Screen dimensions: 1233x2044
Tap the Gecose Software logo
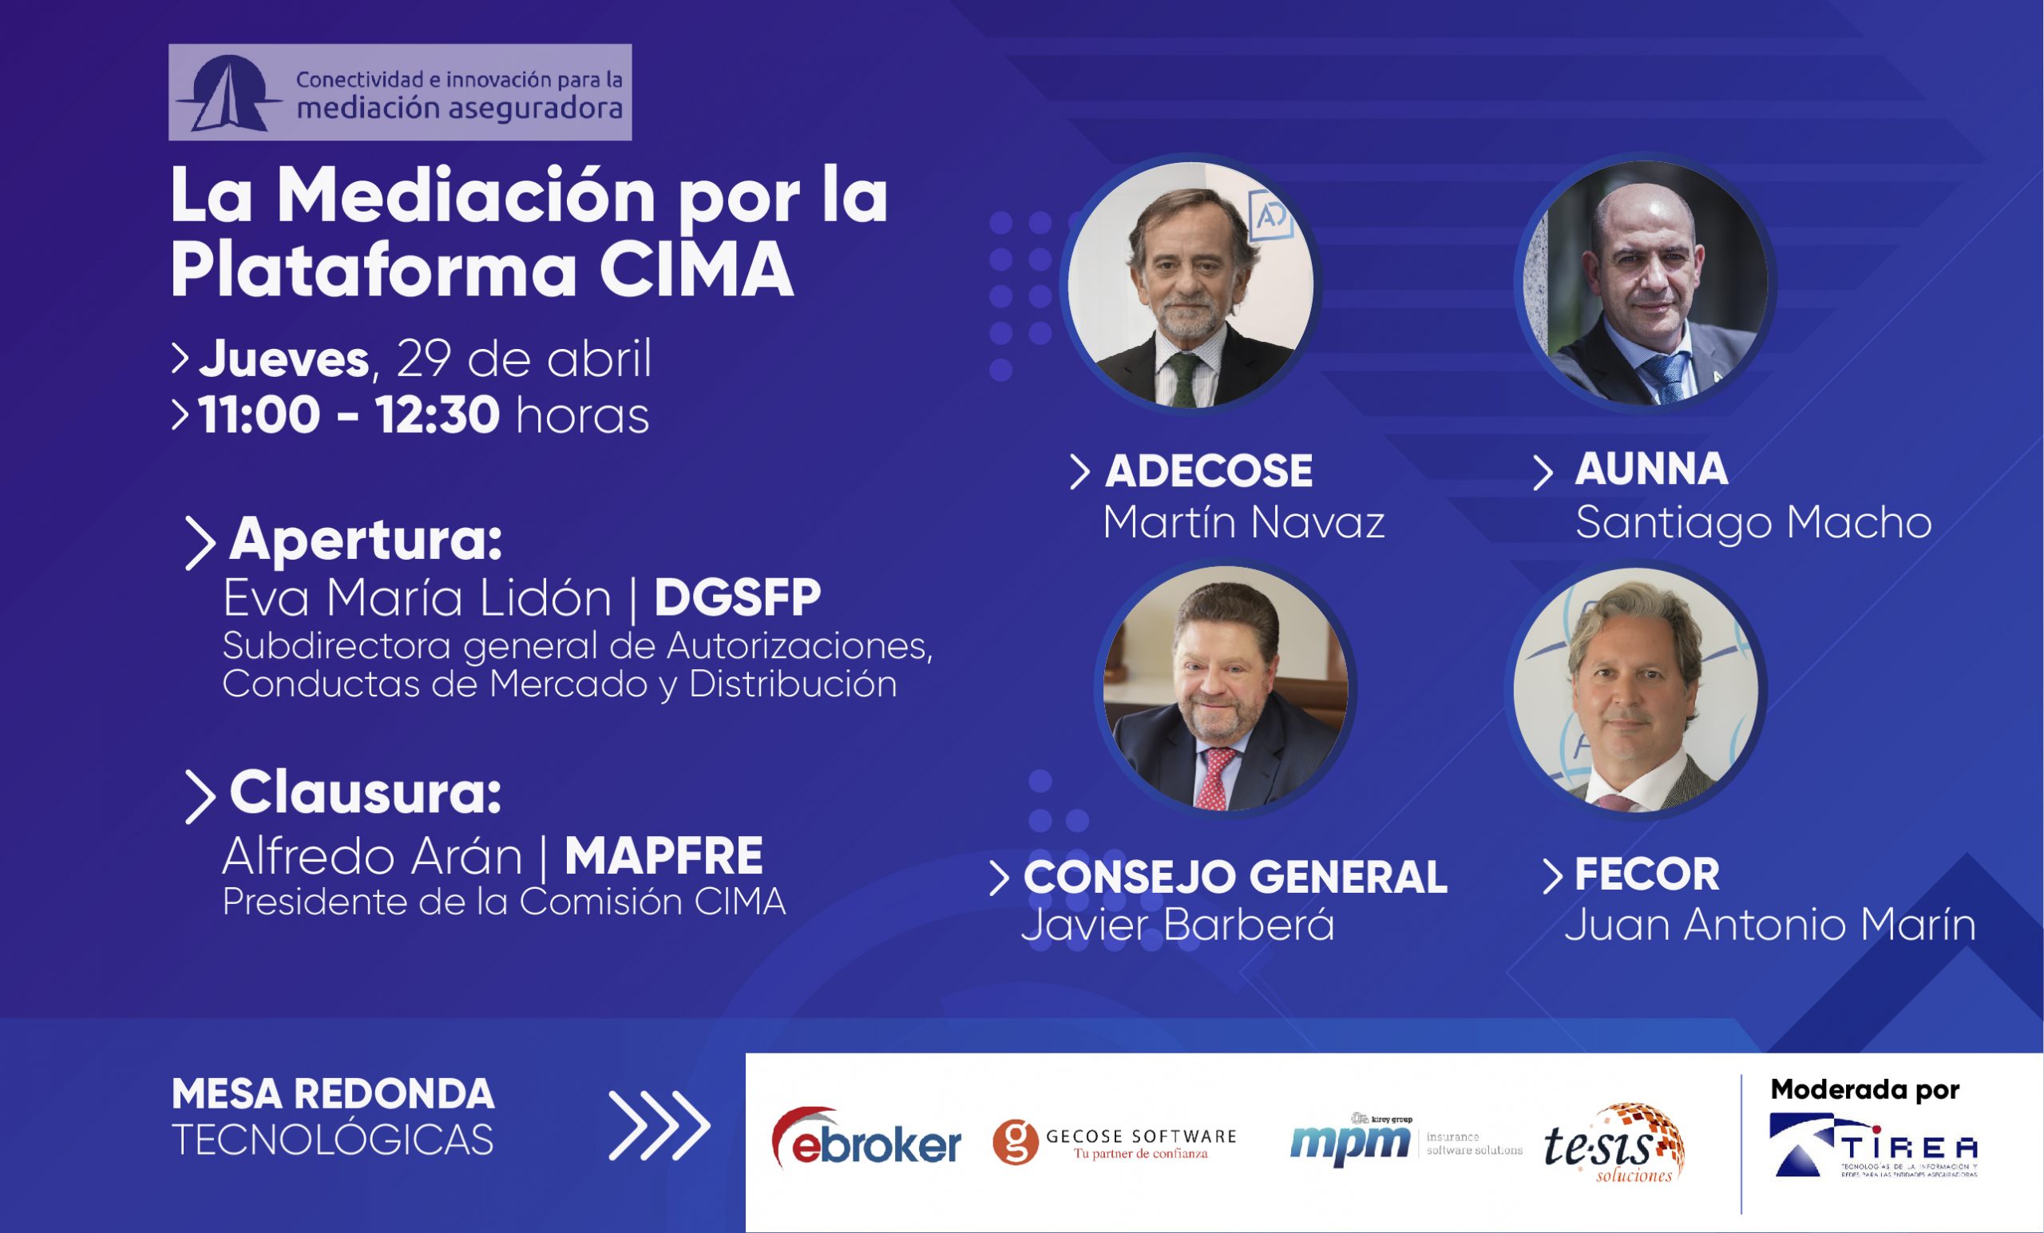tap(1114, 1143)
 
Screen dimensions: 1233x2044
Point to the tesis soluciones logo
tap(1613, 1144)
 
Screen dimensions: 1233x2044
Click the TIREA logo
tap(1873, 1147)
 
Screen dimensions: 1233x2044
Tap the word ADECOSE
tap(1209, 470)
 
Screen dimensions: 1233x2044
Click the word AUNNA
tap(1651, 469)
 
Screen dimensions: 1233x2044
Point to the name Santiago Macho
tap(1753, 523)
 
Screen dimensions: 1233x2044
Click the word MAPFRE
tap(663, 856)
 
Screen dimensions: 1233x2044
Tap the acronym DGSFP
tap(738, 597)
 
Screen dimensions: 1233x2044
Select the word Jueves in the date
tap(283, 359)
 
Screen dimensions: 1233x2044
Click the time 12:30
tap(438, 415)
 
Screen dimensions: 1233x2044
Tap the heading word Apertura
tap(366, 540)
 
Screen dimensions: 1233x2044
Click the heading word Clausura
tap(365, 792)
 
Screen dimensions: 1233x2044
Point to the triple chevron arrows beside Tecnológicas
tap(659, 1126)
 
